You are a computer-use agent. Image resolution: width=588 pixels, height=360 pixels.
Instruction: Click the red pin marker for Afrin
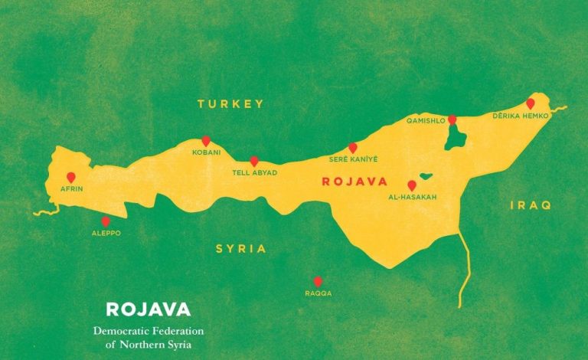point(71,177)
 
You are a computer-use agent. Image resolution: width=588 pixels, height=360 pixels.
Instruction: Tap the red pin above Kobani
point(205,141)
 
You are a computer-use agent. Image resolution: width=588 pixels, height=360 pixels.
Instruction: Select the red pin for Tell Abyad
point(254,162)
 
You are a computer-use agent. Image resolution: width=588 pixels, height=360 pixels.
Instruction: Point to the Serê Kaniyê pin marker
point(353,147)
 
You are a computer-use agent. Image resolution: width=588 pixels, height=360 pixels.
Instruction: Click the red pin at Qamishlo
point(452,119)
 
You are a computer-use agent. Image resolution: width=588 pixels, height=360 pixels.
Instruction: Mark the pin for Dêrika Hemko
point(530,103)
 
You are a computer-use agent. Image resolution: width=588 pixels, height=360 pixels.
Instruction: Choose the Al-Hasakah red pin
point(412,185)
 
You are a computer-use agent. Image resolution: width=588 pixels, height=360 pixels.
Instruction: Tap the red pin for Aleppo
point(106,221)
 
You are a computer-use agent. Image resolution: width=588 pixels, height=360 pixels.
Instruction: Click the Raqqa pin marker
point(318,281)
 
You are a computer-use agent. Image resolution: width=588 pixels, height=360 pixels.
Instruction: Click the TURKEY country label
point(230,103)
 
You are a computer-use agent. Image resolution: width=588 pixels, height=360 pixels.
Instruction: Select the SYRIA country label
point(240,249)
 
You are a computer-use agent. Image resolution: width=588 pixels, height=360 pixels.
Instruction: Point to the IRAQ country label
point(531,205)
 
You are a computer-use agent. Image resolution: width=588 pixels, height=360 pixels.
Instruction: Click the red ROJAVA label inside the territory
point(354,182)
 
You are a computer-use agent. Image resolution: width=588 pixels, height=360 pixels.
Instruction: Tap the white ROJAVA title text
point(147,309)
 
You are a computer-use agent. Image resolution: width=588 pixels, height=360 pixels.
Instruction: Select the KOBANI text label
point(206,152)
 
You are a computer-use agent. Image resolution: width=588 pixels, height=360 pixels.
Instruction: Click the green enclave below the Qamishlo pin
point(456,138)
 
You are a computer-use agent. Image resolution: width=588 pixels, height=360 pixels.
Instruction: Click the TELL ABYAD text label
point(254,173)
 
